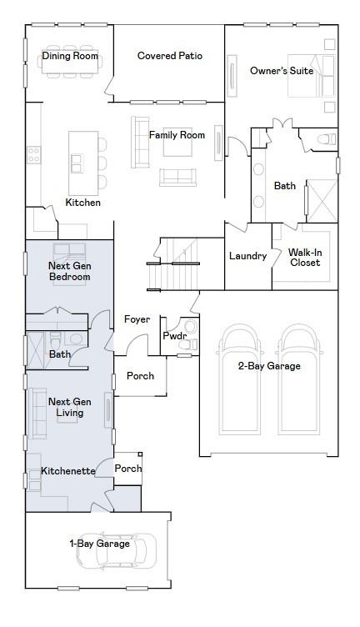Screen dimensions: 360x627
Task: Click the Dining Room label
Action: click(x=70, y=56)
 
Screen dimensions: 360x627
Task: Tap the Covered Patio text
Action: click(x=170, y=56)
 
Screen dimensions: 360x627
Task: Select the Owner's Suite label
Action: click(x=282, y=71)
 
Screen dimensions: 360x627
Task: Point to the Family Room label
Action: click(x=177, y=135)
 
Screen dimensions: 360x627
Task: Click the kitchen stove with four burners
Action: click(x=33, y=155)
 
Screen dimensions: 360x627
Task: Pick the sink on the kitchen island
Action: click(x=77, y=163)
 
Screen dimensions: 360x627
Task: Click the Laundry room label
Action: click(x=247, y=256)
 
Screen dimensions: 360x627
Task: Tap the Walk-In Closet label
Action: click(x=305, y=258)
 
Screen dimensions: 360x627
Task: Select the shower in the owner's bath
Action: click(x=322, y=201)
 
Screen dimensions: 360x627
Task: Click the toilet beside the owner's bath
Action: click(x=327, y=139)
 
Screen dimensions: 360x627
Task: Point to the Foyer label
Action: click(x=137, y=319)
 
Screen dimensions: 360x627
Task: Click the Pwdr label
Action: click(x=175, y=336)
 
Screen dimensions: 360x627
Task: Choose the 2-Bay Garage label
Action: click(x=269, y=366)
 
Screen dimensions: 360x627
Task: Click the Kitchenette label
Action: click(x=68, y=471)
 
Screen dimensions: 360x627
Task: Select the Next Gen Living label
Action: click(x=69, y=407)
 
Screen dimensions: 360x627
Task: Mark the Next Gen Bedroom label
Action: click(x=69, y=271)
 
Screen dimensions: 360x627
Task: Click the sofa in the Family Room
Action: click(x=140, y=142)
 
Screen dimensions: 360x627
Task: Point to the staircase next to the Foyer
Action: click(x=173, y=264)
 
